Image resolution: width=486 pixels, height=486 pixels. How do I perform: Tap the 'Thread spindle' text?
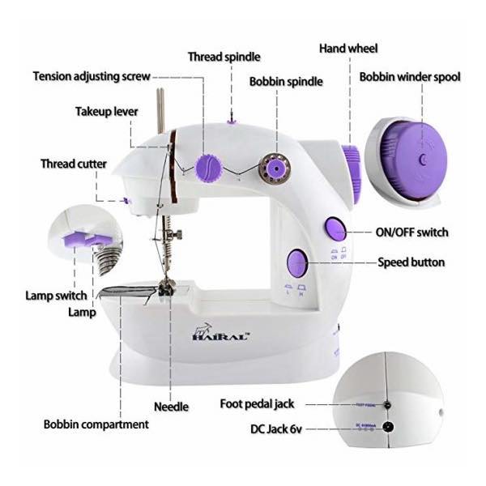224,57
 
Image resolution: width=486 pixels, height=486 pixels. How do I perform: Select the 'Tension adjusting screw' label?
92,77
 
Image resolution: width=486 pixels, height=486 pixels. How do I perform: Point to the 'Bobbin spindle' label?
286,82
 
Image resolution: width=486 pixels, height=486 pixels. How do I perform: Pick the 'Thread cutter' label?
74,164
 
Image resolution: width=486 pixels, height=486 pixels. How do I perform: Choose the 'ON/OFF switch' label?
411,232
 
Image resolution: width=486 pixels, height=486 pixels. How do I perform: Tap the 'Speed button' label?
411,262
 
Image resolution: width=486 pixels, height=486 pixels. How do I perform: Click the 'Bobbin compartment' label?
96,424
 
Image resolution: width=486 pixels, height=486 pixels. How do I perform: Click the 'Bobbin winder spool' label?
411,78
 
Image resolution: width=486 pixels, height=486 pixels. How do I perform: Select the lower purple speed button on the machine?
296,262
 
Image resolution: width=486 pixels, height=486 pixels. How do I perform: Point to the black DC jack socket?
390,428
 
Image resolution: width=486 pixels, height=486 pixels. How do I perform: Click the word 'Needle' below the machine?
172,406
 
